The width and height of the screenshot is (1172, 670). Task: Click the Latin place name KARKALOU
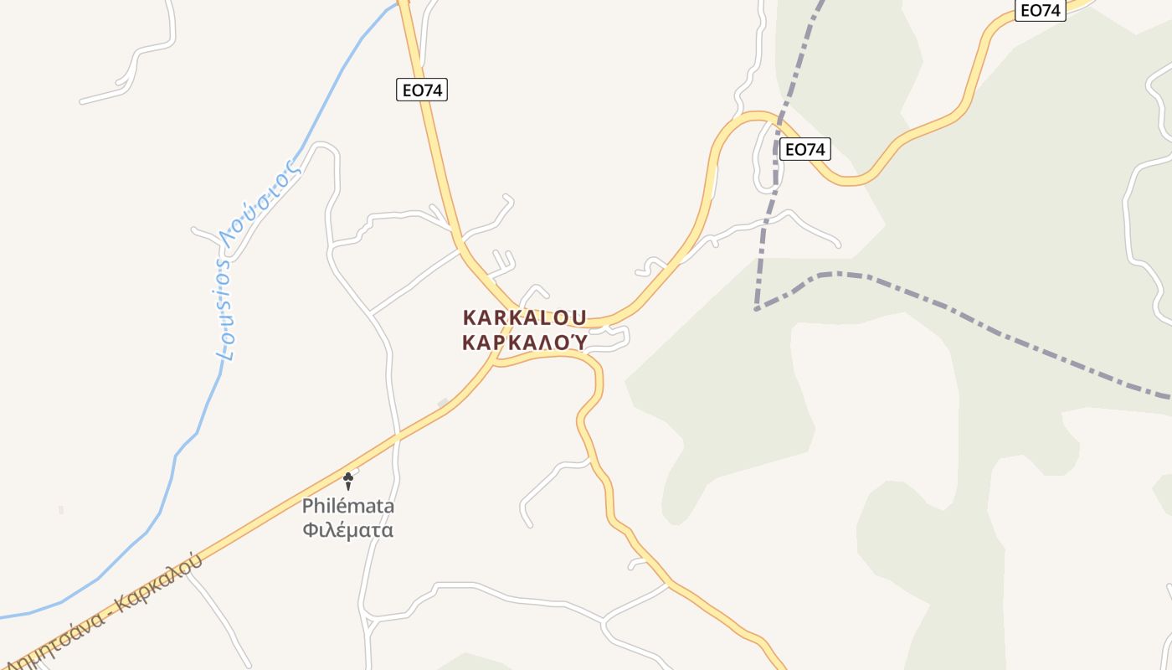[525, 318]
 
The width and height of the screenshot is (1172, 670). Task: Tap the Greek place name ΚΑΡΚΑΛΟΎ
[525, 343]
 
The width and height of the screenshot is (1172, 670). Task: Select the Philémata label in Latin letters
[348, 507]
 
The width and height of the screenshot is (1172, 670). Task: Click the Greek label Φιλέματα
[348, 530]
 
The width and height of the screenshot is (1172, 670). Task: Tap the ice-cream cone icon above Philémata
[348, 481]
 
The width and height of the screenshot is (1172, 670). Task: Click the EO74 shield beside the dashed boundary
[804, 150]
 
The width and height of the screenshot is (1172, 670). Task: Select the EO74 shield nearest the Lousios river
[422, 90]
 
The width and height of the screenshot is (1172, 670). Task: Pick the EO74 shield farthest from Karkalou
[1040, 10]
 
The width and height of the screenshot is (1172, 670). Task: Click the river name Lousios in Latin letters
[224, 310]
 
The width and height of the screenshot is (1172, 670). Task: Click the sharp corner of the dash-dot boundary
[757, 309]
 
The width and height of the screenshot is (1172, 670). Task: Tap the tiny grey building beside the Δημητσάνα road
[443, 405]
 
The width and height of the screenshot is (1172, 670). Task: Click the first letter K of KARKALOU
[470, 318]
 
